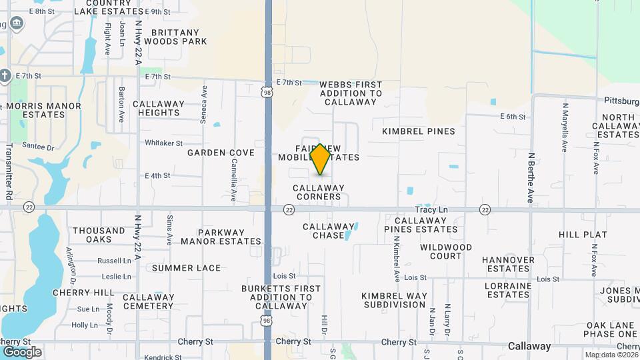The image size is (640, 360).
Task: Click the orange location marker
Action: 321,159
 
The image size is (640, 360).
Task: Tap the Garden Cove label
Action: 221,153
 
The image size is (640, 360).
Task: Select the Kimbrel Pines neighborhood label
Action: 419,131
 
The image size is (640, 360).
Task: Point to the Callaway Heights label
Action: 159,109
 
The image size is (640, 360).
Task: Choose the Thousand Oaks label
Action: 99,235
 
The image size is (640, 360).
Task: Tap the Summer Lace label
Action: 186,268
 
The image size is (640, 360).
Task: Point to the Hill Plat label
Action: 583,235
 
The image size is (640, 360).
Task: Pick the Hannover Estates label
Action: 508,264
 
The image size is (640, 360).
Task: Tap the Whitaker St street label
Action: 163,143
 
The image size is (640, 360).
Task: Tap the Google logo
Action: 21,351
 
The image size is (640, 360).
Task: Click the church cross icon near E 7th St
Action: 5,75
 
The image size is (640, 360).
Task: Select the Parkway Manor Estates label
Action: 221,237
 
